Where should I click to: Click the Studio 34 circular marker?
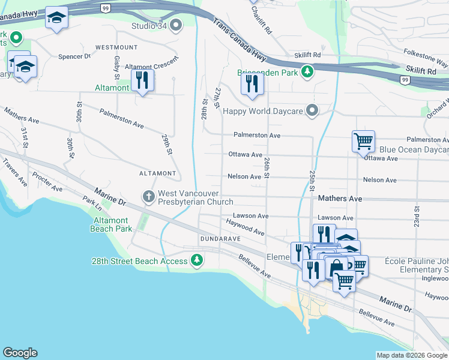point(176,25)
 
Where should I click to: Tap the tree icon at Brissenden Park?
point(307,71)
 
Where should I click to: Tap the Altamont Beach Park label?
point(111,225)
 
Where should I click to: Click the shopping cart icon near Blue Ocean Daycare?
point(363,142)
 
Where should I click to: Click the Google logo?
point(20,352)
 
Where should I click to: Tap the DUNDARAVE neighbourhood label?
point(220,238)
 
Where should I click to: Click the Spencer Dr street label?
point(74,56)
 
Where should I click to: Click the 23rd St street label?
point(415,212)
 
